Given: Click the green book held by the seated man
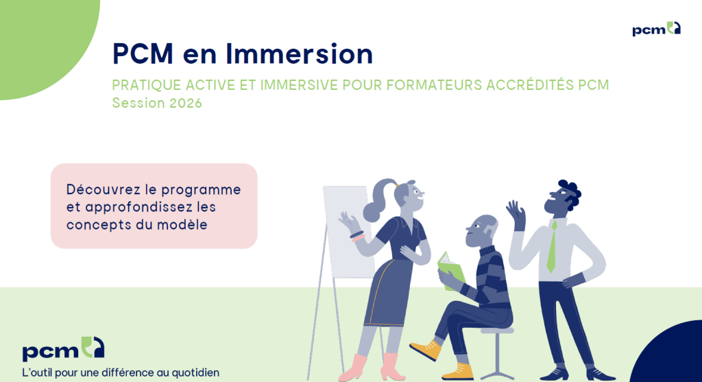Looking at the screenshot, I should pos(450,270).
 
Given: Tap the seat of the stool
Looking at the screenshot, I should pos(497,331).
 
